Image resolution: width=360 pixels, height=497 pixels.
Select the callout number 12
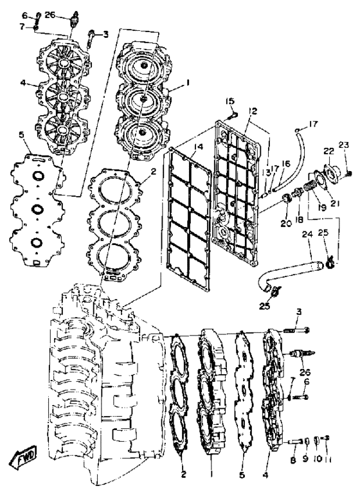(x=253, y=111)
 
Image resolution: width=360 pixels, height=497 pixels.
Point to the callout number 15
(x=230, y=101)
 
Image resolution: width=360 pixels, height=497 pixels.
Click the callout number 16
(x=285, y=164)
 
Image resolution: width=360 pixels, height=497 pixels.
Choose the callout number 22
(x=328, y=151)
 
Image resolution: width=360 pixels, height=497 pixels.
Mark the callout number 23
(x=344, y=145)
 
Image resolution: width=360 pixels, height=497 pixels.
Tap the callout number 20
(x=286, y=224)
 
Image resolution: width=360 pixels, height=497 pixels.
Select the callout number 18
(x=299, y=219)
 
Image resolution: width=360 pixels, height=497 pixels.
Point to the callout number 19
(x=322, y=208)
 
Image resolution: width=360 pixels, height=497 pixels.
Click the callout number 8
(x=293, y=460)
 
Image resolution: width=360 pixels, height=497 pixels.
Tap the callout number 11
(x=327, y=459)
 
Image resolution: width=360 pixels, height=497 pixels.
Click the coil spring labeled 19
(x=310, y=185)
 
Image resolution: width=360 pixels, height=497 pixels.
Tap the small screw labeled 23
(x=349, y=174)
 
